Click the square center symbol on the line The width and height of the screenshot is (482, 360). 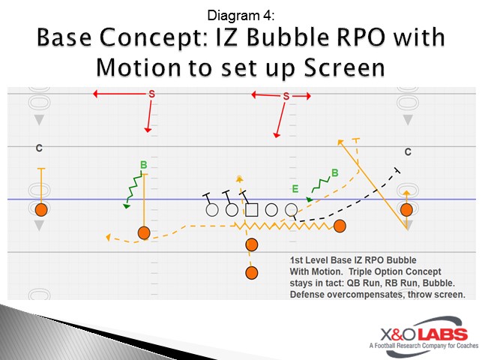click(x=252, y=210)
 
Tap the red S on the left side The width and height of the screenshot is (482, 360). click(x=151, y=94)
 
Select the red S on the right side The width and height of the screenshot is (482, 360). click(x=286, y=96)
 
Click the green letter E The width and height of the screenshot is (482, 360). click(x=295, y=189)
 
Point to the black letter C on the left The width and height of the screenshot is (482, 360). click(x=39, y=148)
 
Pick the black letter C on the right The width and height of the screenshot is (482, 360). click(x=408, y=152)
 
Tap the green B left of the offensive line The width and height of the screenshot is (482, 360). click(x=142, y=165)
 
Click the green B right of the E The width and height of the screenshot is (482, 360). click(x=334, y=172)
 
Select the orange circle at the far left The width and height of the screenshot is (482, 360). click(x=41, y=209)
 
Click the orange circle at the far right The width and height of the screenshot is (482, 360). click(x=406, y=209)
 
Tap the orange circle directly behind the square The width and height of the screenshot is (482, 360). click(x=252, y=244)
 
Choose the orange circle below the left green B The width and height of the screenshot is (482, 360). click(x=144, y=232)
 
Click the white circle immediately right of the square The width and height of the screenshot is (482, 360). click(x=272, y=210)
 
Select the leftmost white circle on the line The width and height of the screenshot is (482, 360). click(x=212, y=210)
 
